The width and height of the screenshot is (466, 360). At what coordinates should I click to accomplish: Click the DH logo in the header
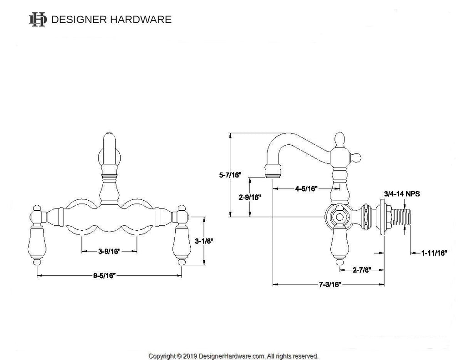coord(38,20)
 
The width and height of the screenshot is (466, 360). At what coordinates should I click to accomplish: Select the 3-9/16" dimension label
coord(109,251)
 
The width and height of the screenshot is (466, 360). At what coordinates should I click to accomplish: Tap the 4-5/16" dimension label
coord(306,188)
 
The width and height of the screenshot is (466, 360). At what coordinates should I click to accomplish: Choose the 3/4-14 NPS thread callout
coord(402,194)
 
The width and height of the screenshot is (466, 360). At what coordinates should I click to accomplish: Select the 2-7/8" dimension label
coord(362,269)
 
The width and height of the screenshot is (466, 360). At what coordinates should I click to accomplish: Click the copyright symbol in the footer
coord(179,356)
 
